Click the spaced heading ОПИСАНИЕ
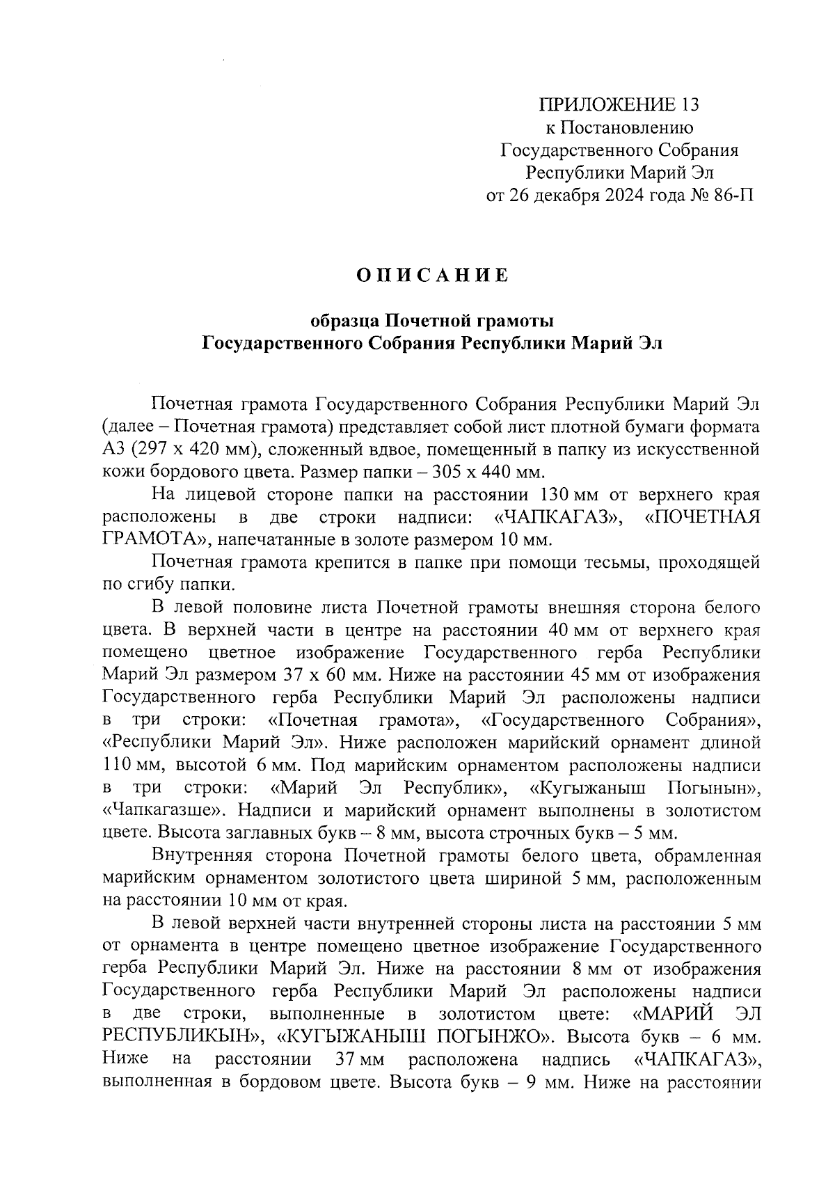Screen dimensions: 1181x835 [432, 276]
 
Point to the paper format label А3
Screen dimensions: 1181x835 [112, 449]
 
